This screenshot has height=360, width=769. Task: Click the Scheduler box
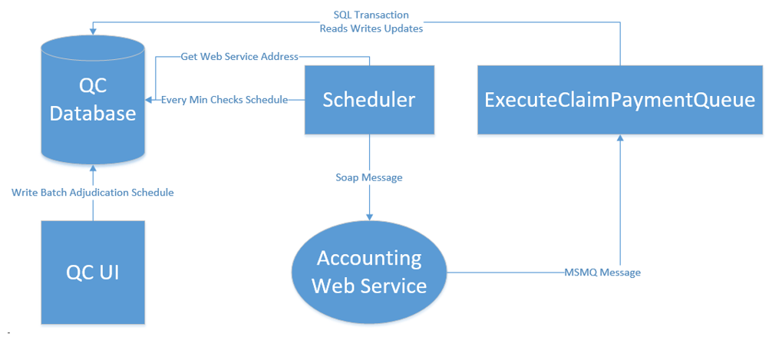[x=369, y=100]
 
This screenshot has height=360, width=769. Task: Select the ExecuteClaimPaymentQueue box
[x=620, y=100]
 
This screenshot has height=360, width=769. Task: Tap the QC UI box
[x=93, y=272]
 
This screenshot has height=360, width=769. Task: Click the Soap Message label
[x=369, y=177]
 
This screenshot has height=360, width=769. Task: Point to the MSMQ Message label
[x=602, y=272]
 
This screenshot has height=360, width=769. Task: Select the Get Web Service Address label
[x=239, y=56]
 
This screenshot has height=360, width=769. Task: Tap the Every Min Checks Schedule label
[x=224, y=100]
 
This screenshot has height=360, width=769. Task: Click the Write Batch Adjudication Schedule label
[x=93, y=192]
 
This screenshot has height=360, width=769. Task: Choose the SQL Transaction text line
[x=371, y=15]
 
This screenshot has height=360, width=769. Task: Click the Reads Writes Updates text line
[x=371, y=28]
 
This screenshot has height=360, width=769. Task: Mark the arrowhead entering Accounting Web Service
[x=369, y=216]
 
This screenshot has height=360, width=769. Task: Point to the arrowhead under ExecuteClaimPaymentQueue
[x=620, y=138]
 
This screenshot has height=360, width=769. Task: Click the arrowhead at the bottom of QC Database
[x=93, y=168]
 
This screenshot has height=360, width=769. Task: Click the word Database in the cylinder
[x=93, y=114]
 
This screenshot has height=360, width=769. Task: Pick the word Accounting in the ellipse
[x=369, y=259]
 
